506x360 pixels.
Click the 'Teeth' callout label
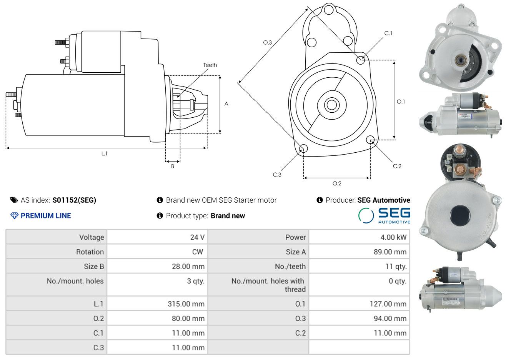(210, 65)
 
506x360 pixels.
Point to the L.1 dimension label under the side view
(104, 154)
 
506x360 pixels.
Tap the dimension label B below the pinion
(173, 166)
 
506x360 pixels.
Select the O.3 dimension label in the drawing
(268, 42)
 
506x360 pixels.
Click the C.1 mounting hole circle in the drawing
(360, 60)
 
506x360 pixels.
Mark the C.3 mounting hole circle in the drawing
(303, 148)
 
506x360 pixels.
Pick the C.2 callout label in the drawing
(397, 166)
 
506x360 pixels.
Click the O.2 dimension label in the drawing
(337, 183)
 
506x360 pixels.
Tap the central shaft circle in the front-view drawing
(331, 105)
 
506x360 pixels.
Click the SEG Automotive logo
(384, 216)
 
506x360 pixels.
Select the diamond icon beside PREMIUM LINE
(15, 216)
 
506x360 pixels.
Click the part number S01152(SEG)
(74, 200)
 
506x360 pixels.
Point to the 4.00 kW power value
(393, 237)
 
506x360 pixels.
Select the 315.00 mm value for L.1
(186, 304)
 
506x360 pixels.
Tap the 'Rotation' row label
(90, 252)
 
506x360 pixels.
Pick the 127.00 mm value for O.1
(388, 304)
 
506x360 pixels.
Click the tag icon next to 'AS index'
(14, 200)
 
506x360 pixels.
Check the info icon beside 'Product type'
(160, 216)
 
